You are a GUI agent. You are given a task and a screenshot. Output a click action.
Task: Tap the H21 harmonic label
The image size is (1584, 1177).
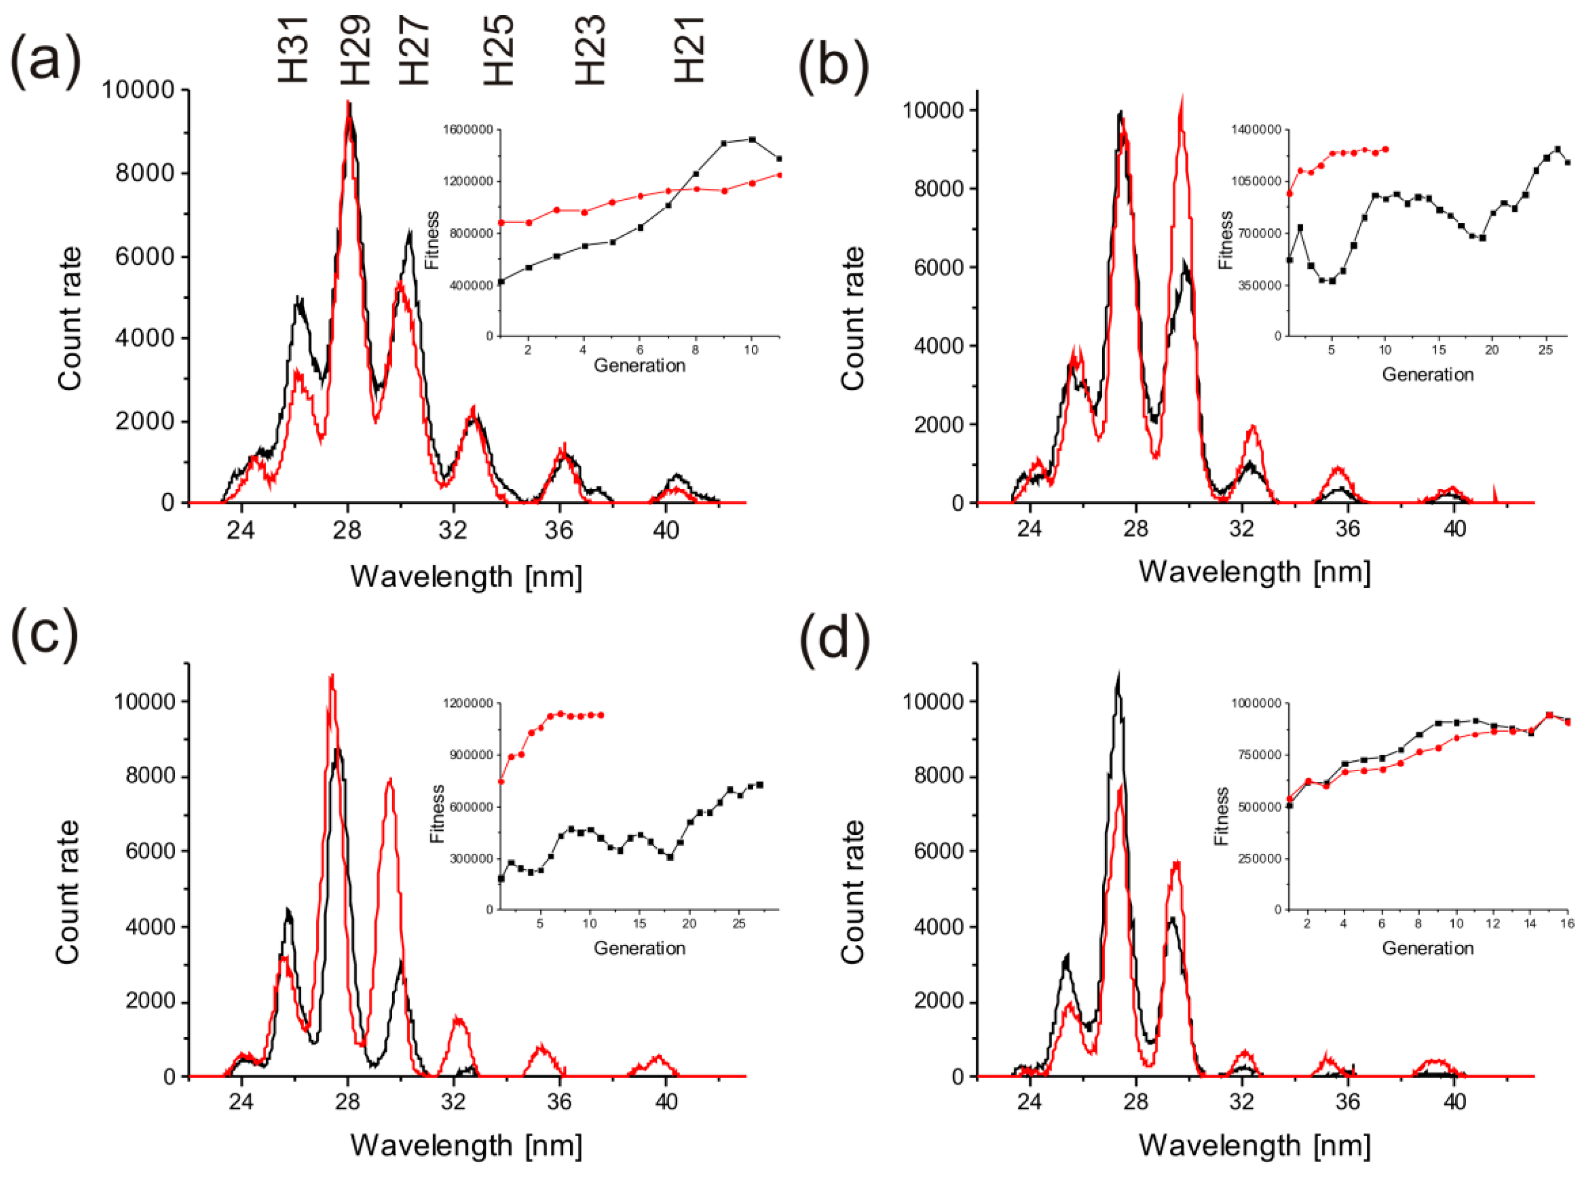click(x=689, y=50)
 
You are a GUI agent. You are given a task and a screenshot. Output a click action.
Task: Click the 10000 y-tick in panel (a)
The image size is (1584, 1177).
click(x=137, y=90)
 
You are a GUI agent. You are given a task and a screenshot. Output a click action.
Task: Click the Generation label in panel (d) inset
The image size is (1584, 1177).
click(x=1427, y=948)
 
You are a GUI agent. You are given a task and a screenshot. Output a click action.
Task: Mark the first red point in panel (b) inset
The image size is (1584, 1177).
click(x=1289, y=193)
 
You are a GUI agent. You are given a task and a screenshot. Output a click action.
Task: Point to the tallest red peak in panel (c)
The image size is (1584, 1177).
click(x=331, y=677)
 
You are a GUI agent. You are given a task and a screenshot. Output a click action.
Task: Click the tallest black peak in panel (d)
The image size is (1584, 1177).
click(x=1118, y=675)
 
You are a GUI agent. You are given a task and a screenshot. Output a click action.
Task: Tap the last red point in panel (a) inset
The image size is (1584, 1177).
click(x=779, y=175)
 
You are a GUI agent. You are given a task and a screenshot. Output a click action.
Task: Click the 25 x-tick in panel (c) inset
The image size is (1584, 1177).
click(x=739, y=924)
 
